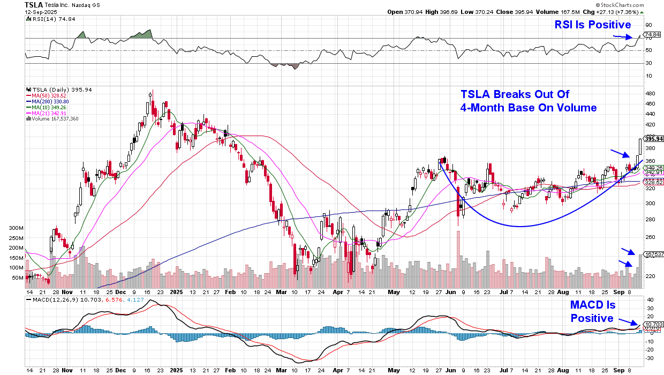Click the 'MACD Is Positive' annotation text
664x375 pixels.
592,312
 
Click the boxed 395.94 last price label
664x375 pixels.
650,139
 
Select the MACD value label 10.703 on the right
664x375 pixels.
650,324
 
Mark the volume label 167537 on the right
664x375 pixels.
650,254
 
